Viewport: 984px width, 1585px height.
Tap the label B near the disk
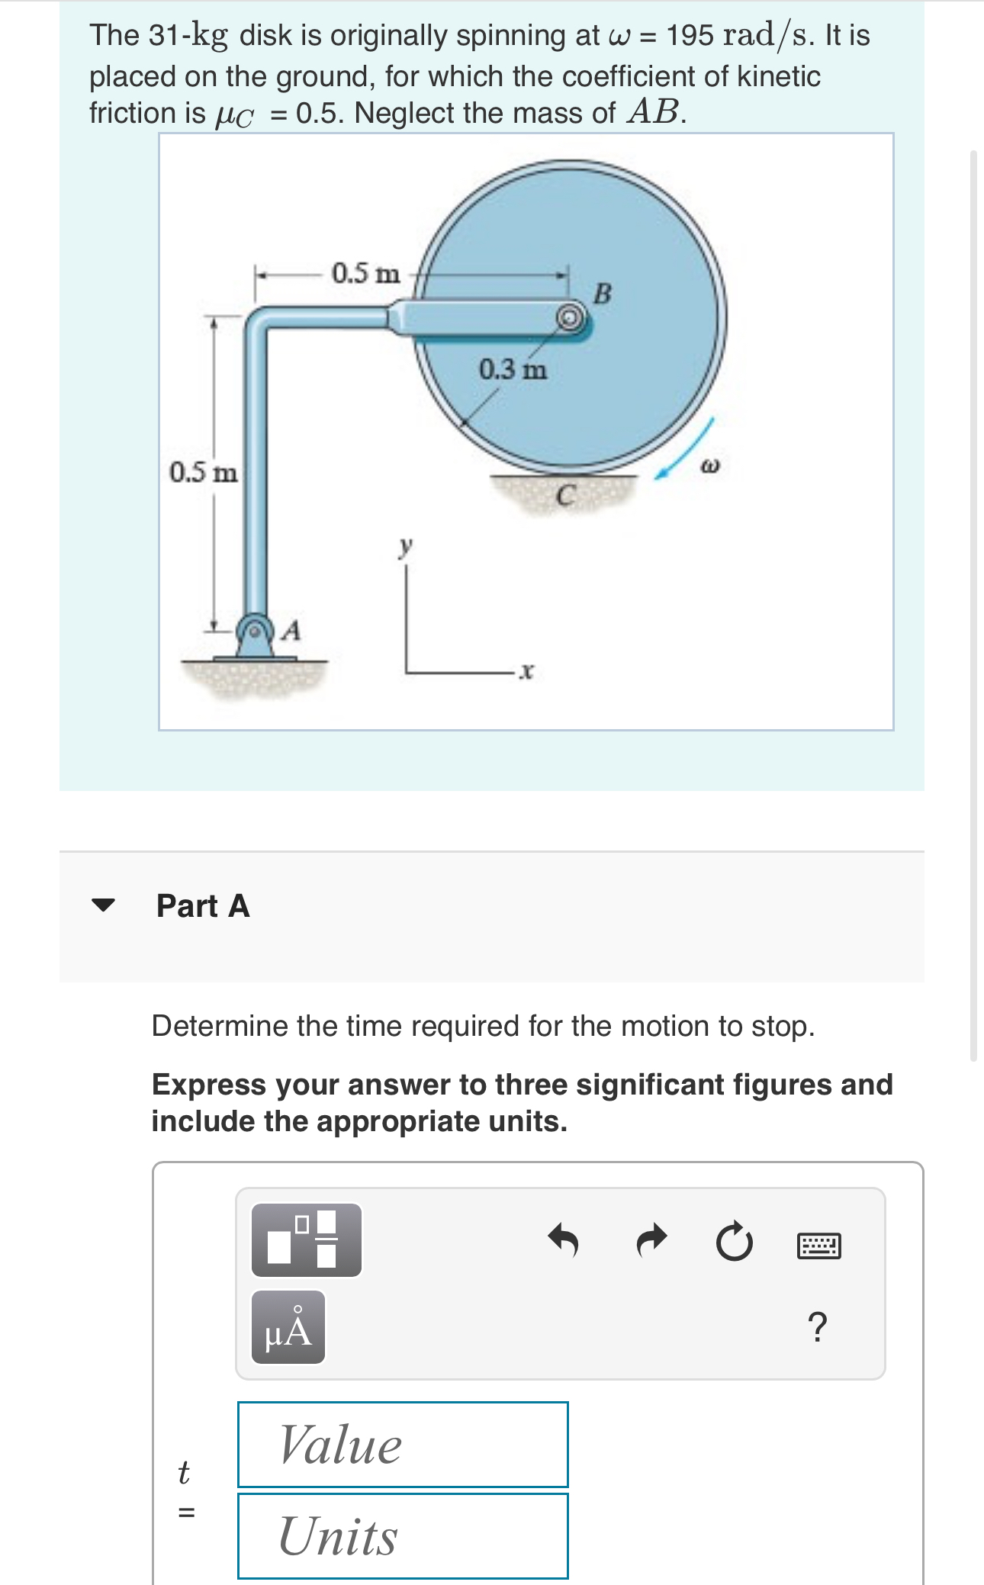click(602, 293)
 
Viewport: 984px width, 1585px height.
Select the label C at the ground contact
click(564, 497)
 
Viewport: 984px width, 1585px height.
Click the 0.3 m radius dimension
click(513, 370)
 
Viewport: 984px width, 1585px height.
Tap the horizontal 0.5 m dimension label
click(365, 273)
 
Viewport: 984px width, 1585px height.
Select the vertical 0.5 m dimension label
click(203, 472)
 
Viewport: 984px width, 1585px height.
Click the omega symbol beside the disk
click(709, 465)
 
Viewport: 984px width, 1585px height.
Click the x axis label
click(526, 671)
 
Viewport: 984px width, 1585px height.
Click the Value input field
click(403, 1444)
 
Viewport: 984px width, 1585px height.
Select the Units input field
click(403, 1535)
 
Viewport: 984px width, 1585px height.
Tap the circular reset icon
click(734, 1243)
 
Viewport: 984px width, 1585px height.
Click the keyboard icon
click(818, 1245)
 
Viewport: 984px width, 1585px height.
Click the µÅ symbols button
click(288, 1327)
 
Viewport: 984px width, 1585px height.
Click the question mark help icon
click(816, 1327)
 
